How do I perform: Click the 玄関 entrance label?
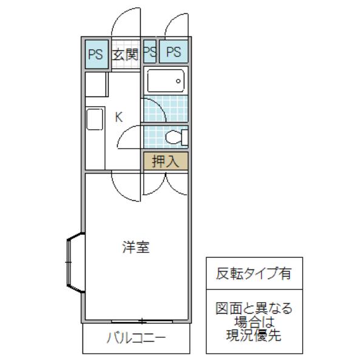pyautogui.click(x=126, y=55)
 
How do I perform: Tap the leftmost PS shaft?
pyautogui.click(x=96, y=54)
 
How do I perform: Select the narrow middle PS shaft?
pyautogui.click(x=149, y=52)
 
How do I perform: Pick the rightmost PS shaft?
pyautogui.click(x=174, y=52)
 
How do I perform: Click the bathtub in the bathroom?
pyautogui.click(x=166, y=81)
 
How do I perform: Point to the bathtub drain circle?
pyautogui.click(x=178, y=81)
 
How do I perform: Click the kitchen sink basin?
pyautogui.click(x=95, y=119)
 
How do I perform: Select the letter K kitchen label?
pyautogui.click(x=119, y=117)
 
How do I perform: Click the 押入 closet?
pyautogui.click(x=166, y=161)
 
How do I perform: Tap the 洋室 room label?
pyautogui.click(x=136, y=248)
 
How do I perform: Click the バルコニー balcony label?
pyautogui.click(x=136, y=338)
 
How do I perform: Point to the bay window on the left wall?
pyautogui.click(x=75, y=262)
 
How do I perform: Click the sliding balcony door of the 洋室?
pyautogui.click(x=142, y=322)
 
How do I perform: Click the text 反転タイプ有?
pyautogui.click(x=254, y=273)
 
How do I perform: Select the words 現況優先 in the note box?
pyautogui.click(x=254, y=335)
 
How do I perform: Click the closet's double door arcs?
pyautogui.click(x=166, y=184)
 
